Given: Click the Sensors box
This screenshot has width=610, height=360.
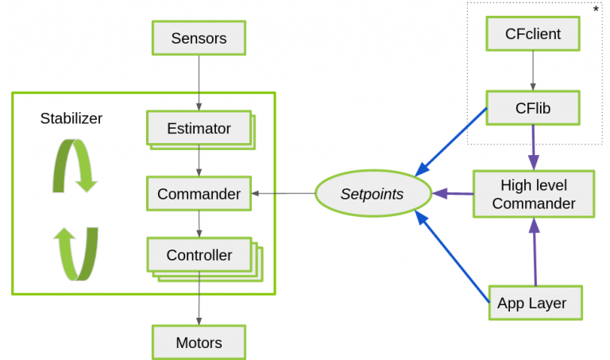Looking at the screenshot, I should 199,37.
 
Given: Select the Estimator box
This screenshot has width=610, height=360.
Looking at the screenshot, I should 199,128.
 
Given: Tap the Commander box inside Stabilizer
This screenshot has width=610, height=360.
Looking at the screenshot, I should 199,194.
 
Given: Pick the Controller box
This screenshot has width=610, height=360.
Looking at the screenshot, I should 199,255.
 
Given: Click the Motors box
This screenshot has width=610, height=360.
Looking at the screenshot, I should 199,343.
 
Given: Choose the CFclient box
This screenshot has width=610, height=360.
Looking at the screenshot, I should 532,34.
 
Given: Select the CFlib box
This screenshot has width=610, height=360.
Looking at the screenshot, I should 532,107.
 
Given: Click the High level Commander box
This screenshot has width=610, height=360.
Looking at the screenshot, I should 533,194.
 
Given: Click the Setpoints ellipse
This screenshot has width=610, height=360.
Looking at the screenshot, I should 372,194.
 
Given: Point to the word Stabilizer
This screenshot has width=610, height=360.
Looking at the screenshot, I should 71,118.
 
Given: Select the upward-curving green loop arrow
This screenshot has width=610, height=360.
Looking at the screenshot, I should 75,254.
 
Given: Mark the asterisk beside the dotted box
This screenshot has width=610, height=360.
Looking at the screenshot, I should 596,9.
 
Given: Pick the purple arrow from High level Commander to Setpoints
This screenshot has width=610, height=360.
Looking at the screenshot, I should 452,193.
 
